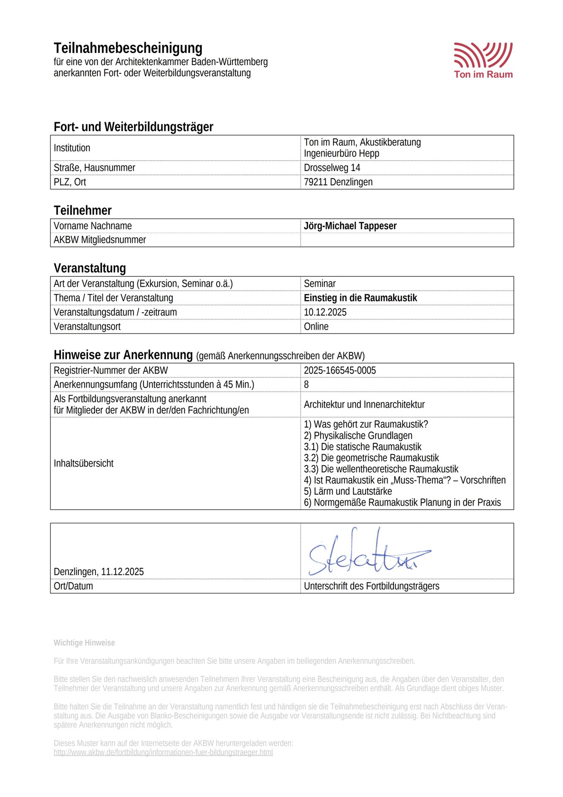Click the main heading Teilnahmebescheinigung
tap(128, 48)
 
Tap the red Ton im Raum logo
tap(483, 60)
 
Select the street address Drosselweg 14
tap(332, 168)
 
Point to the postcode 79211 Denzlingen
tap(338, 182)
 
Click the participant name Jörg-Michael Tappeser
tap(350, 226)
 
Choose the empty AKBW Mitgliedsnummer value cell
tap(407, 240)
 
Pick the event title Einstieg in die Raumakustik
tap(360, 298)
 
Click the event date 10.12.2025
tap(325, 312)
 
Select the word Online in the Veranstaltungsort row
tap(316, 326)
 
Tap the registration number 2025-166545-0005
tap(340, 370)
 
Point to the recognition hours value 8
tap(306, 384)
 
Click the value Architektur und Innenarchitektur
tap(364, 404)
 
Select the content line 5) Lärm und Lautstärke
tap(348, 491)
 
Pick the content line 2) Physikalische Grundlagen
tap(358, 435)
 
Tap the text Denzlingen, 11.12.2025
tap(99, 572)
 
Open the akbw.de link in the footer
tap(163, 752)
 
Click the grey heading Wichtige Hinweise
tap(84, 643)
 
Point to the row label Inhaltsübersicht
tap(83, 463)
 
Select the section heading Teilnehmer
tap(83, 210)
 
